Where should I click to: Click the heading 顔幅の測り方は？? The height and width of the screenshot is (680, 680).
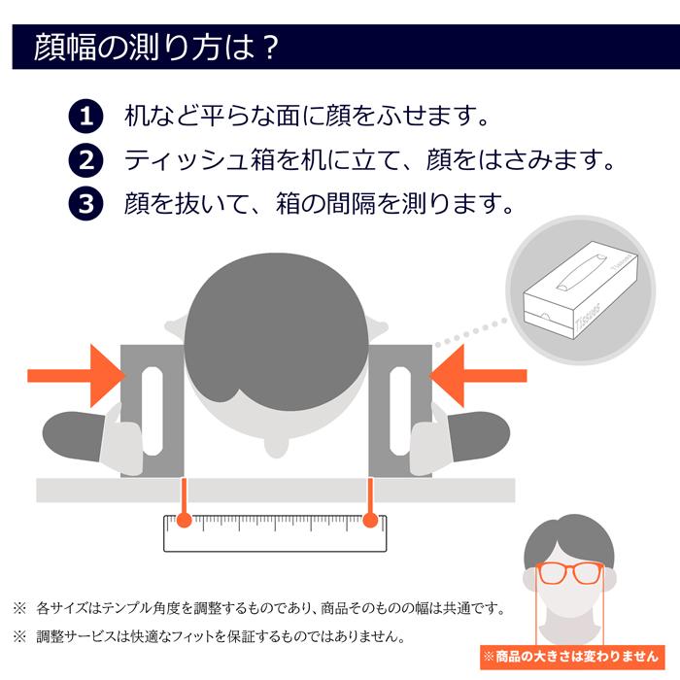tap(156, 46)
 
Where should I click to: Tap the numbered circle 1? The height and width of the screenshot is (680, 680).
tap(85, 118)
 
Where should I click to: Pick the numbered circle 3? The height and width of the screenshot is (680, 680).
tap(85, 203)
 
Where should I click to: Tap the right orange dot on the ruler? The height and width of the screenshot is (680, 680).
tap(369, 522)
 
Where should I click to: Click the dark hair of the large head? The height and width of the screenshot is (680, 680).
tap(274, 330)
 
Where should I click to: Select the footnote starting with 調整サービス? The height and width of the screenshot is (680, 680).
tap(219, 637)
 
